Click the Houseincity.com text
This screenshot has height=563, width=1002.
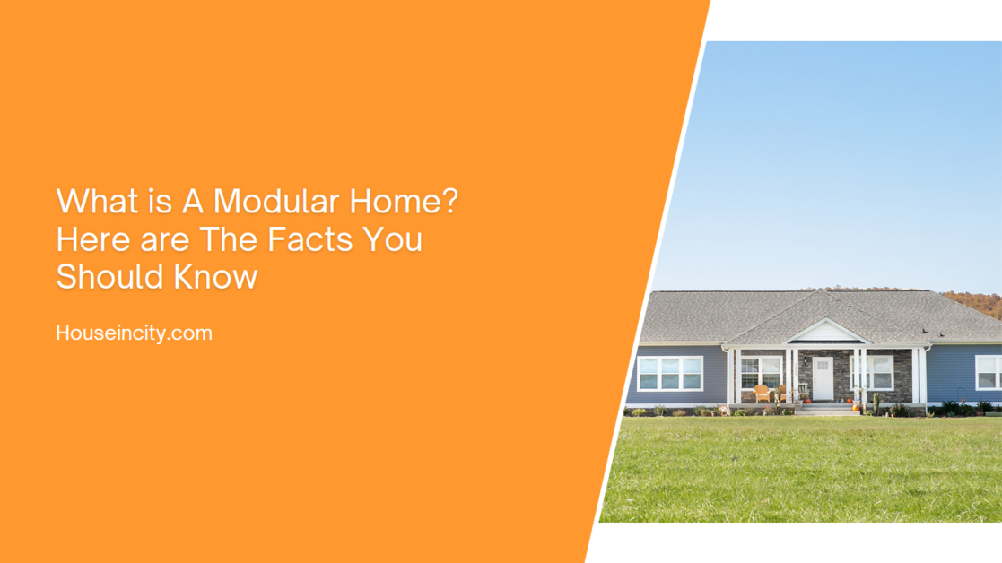pyautogui.click(x=134, y=333)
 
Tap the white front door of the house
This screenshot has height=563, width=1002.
pyautogui.click(x=823, y=377)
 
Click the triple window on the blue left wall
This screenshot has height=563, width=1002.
pyautogui.click(x=669, y=373)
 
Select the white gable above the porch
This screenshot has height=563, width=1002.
pyautogui.click(x=823, y=333)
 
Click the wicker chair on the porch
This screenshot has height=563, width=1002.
pyautogui.click(x=762, y=393)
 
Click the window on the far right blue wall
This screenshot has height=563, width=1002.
pyautogui.click(x=989, y=372)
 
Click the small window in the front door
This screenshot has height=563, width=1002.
pyautogui.click(x=823, y=366)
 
